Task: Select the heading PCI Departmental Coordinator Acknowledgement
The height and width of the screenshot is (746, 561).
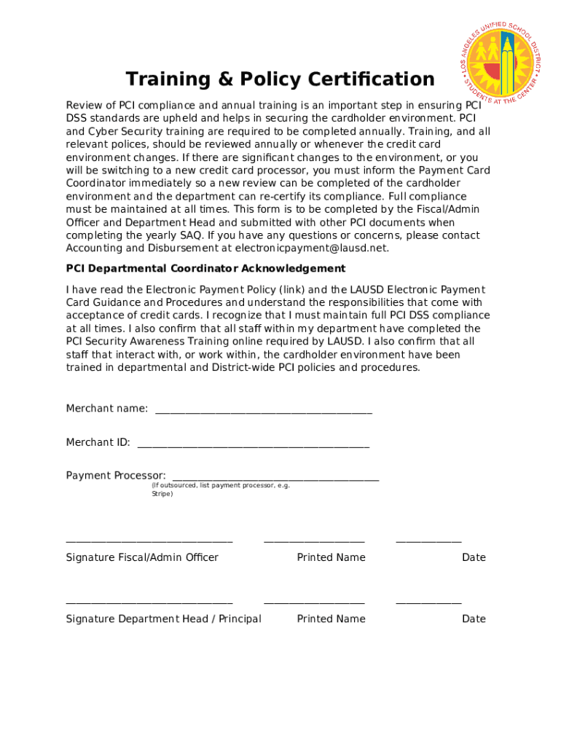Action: coord(205,268)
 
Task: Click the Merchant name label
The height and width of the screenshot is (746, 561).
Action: coord(107,409)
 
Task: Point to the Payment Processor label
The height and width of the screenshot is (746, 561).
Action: coord(116,476)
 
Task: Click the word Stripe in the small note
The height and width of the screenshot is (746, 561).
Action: coord(162,494)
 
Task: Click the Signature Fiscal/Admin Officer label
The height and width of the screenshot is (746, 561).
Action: coord(142,557)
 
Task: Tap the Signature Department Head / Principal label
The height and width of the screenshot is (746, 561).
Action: coord(163,619)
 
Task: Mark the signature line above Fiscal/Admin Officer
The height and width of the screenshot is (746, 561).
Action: coord(149,541)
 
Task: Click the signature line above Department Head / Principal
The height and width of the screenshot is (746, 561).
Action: coord(149,602)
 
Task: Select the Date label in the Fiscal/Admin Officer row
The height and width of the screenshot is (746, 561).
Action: coord(474,557)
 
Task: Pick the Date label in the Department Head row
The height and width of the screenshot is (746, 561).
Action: coord(474,619)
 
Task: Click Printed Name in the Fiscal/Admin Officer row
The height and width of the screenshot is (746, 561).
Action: coord(331,557)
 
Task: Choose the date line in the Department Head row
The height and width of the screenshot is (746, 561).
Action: coord(428,602)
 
